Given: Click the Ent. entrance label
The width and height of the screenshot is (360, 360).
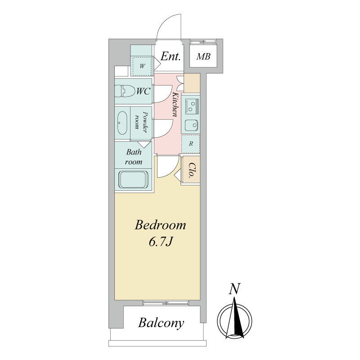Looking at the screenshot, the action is coord(170,57).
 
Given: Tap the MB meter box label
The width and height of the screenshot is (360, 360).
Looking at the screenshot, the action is coord(203,57).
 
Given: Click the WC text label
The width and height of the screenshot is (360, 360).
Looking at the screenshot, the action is coord(143,91).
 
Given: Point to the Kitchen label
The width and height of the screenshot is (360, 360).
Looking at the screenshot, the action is coord(175,104).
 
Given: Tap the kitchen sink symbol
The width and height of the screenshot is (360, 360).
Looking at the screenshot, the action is coord(192,126).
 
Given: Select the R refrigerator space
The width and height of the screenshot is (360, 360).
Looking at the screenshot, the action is coord(190,144).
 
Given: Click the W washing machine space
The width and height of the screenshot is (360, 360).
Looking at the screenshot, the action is coord(142,66).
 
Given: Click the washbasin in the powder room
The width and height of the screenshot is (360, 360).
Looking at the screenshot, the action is coord(122,123).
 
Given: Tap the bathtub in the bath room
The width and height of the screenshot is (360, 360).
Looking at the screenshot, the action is coord(133,179).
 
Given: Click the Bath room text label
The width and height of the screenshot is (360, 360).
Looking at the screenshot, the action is coord(134,157).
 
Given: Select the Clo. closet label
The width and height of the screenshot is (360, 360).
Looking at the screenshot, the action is coord(191,171).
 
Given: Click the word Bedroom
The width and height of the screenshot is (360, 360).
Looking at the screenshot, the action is coord(160,225).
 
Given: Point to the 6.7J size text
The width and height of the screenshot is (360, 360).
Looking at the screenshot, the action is coord(161,242).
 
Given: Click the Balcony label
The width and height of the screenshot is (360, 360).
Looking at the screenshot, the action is coord(161,323).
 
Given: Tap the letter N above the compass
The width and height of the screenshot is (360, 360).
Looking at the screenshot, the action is coord(234,288).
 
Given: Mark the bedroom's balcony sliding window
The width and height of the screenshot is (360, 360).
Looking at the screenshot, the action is coord(166,303).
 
